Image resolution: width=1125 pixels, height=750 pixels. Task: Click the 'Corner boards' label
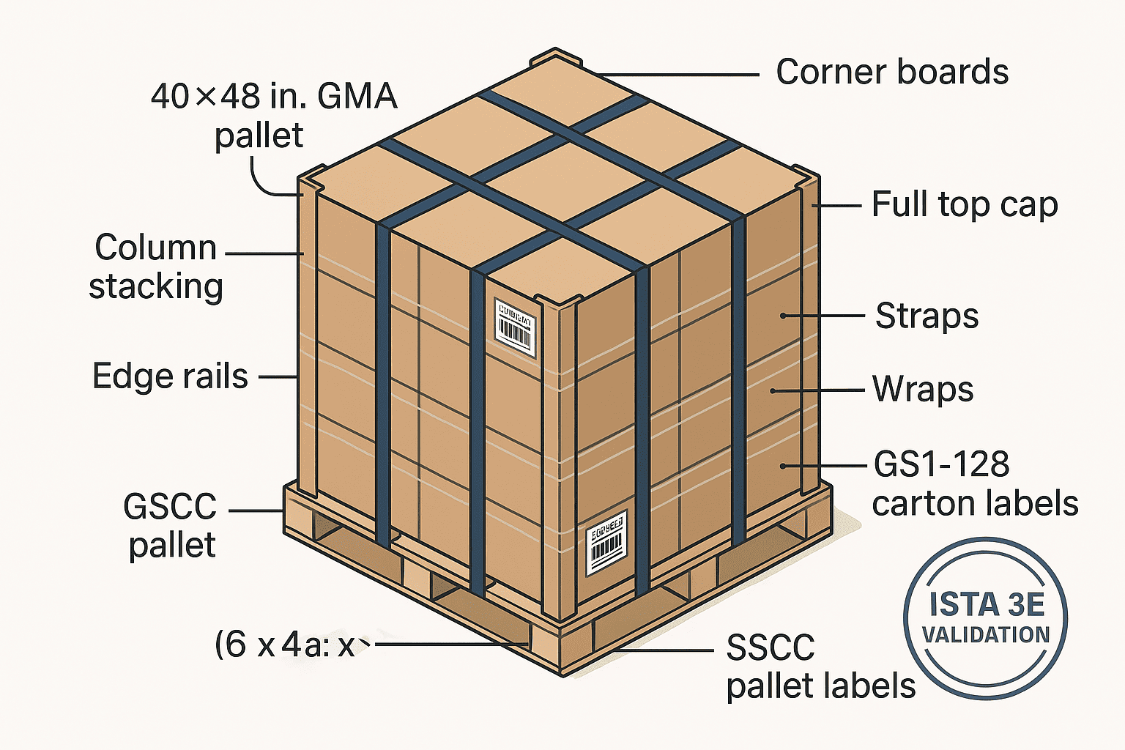tap(891, 73)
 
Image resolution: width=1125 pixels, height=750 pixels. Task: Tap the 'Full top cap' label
tap(964, 205)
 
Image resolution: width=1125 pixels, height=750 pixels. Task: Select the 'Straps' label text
tap(927, 316)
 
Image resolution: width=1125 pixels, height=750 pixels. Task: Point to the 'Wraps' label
tap(922, 389)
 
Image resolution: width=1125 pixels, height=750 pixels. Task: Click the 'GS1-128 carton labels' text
tap(974, 483)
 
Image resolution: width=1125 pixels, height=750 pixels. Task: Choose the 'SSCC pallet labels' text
tap(820, 667)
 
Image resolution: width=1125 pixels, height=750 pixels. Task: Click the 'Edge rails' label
tap(170, 376)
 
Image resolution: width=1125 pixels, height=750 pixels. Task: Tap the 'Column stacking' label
tap(155, 267)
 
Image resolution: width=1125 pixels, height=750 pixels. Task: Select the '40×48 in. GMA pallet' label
tap(272, 116)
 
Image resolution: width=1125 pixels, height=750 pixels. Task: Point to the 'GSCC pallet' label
tap(171, 525)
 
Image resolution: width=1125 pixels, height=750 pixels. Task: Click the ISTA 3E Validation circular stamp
tap(985, 619)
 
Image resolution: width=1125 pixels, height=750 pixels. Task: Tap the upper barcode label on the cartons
tap(515, 327)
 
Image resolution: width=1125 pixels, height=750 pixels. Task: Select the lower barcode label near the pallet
tap(607, 543)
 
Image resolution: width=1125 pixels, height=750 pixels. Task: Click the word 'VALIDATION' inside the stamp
tap(985, 634)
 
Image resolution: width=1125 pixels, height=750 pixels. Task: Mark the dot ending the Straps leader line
tap(783, 316)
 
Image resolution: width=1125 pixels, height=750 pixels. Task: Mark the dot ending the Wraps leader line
tap(772, 391)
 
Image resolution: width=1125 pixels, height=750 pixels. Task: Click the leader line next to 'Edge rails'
tap(278, 377)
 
